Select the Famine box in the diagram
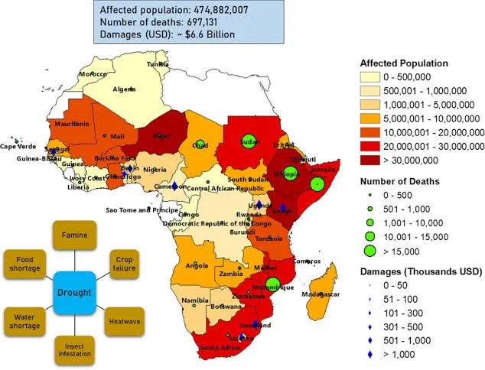[x=73, y=235]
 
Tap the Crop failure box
[x=125, y=262]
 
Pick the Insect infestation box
[x=73, y=349]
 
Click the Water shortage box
[x=23, y=322]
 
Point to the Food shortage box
[x=23, y=265]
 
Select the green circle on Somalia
[x=316, y=184]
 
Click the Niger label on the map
[x=161, y=136]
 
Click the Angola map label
[x=197, y=266]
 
